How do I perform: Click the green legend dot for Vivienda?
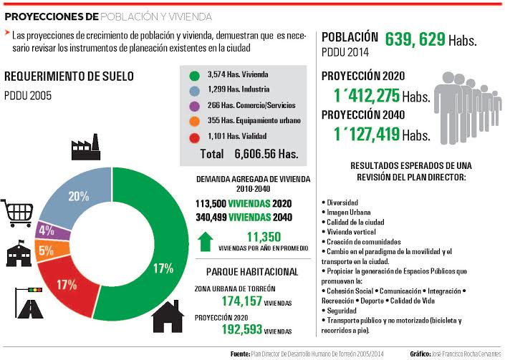[193, 74]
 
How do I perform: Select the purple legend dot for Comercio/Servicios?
[193, 106]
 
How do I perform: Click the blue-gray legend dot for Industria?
[193, 90]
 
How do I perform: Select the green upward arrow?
[206, 241]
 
